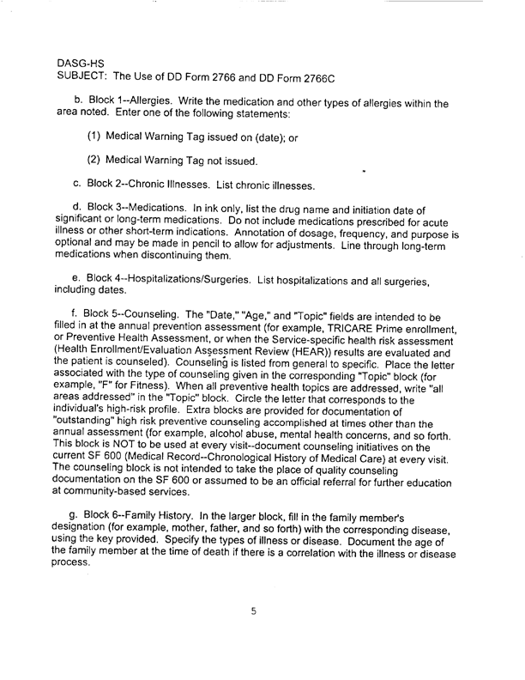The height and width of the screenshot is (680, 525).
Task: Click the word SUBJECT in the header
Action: tap(84, 76)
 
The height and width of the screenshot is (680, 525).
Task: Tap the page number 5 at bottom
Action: tap(254, 611)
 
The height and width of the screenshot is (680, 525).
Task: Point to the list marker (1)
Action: tap(96, 137)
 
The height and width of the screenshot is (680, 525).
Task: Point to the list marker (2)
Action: tap(96, 161)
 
